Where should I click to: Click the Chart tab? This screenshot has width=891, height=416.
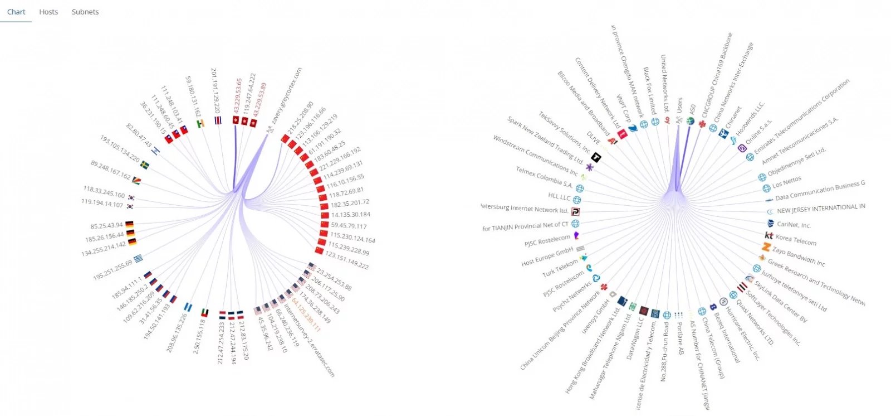(x=16, y=12)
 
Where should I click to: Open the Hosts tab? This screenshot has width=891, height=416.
(x=48, y=12)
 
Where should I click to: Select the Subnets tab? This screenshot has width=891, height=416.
(x=85, y=12)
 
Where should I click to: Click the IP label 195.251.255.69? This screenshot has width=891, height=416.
(x=112, y=269)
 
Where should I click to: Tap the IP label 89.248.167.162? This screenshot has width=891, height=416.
(x=111, y=171)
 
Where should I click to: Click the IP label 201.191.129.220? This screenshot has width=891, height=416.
(x=216, y=91)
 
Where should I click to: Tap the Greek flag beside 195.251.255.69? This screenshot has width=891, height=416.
(x=138, y=258)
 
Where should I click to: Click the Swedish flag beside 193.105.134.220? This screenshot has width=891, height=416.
(x=145, y=165)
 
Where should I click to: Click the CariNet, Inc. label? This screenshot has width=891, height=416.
(x=794, y=225)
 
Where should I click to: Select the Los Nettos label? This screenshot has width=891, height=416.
(x=787, y=182)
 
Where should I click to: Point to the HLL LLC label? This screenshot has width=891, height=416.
(x=559, y=197)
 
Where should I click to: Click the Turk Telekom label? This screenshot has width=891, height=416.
(x=560, y=268)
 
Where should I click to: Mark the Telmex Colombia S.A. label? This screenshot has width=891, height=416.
(x=544, y=177)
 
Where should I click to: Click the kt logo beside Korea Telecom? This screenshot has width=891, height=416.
(x=769, y=236)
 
